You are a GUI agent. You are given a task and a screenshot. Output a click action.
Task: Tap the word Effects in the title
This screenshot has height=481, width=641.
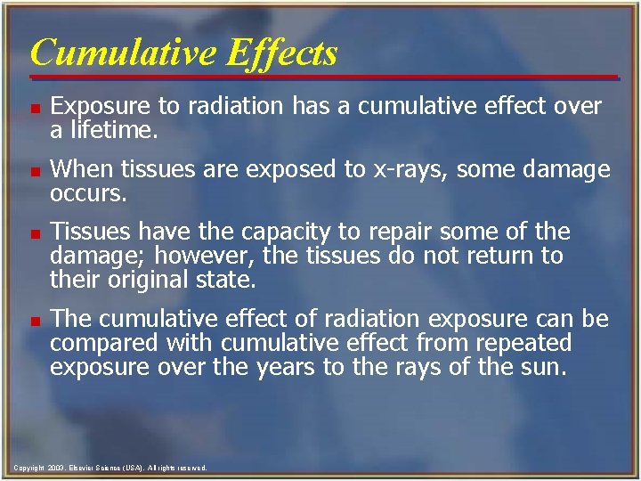282,53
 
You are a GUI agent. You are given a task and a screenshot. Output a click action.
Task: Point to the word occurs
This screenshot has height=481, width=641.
87,192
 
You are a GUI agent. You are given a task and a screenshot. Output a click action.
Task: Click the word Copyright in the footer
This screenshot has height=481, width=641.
28,468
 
